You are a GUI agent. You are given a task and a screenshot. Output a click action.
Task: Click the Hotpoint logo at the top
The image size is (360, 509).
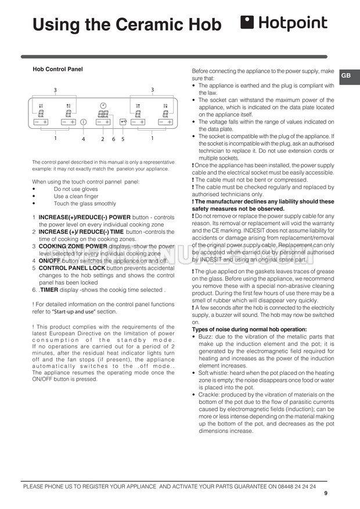click(284, 23)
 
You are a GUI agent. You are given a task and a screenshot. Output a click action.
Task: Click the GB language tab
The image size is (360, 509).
click(345, 76)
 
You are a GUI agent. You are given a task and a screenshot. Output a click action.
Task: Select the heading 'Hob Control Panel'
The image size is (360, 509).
click(57, 69)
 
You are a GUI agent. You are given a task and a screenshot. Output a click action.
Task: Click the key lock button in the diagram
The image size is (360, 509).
click(123, 122)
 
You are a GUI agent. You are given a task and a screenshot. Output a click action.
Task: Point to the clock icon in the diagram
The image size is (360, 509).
click(103, 106)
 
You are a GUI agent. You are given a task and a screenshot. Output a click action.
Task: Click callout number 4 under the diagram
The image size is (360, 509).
click(83, 139)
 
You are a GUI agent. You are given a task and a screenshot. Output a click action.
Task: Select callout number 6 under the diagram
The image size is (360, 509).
click(113, 139)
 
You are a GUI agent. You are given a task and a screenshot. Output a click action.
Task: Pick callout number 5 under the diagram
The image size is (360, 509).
click(123, 139)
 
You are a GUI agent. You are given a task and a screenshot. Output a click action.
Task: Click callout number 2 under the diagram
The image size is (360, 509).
click(103, 139)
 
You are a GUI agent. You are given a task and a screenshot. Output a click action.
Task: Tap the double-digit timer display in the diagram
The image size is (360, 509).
click(103, 114)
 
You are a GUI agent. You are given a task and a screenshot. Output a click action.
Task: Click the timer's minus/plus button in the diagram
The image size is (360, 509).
click(103, 122)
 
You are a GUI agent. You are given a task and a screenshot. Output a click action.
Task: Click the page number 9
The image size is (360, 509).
click(326, 493)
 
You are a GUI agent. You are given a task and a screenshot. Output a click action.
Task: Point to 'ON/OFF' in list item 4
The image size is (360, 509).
click(51, 261)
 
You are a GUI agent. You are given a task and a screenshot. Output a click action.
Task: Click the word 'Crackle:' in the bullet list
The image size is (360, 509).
click(211, 394)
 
